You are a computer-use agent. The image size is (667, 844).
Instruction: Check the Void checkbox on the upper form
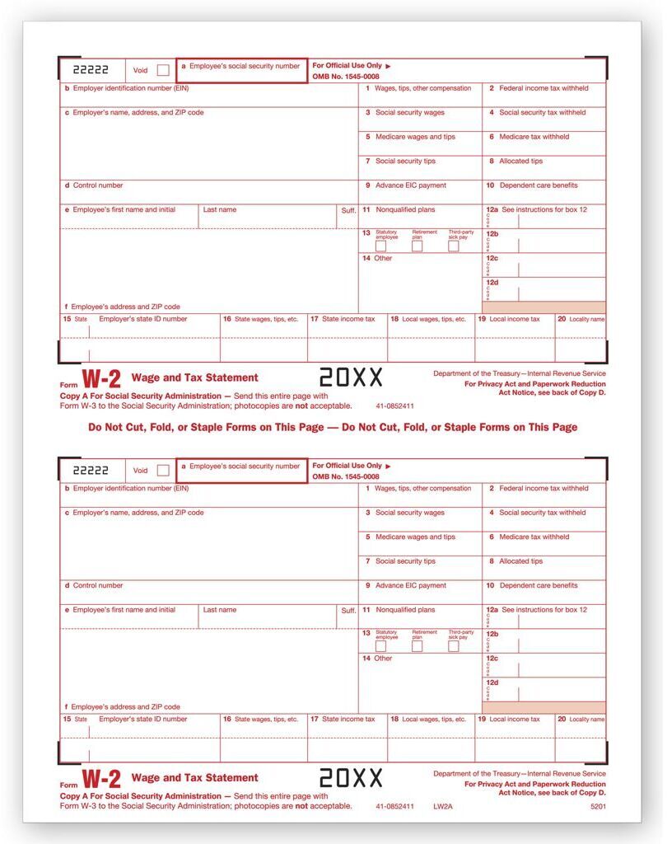[x=163, y=70]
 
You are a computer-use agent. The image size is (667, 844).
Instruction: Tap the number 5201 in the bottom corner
[x=597, y=806]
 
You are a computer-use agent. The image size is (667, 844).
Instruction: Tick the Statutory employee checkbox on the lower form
[x=380, y=647]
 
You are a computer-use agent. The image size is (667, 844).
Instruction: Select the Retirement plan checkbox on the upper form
[x=417, y=246]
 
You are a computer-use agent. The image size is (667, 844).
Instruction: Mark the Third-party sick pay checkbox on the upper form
[x=454, y=246]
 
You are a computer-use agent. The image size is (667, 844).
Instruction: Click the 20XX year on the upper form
[x=351, y=377]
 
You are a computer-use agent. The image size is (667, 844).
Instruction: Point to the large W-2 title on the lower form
[x=102, y=779]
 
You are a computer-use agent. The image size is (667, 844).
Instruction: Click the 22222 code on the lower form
[x=91, y=470]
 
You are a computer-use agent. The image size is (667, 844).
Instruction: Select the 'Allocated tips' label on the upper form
[x=520, y=162]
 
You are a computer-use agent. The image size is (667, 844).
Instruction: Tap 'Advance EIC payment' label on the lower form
[x=410, y=586]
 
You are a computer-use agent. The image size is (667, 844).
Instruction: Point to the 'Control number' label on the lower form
[x=97, y=586]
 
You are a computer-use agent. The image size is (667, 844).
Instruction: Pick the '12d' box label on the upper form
[x=492, y=283]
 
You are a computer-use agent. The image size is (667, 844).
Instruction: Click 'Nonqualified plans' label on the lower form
[x=405, y=610]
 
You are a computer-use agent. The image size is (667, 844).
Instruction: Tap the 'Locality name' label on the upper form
[x=586, y=319]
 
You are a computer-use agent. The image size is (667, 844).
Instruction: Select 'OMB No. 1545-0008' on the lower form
[x=346, y=476]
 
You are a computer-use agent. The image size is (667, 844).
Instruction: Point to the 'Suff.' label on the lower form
[x=348, y=611]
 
